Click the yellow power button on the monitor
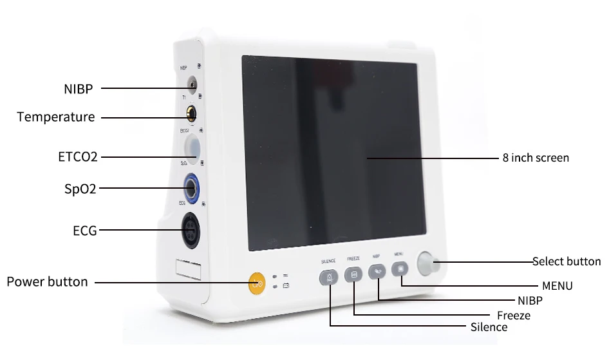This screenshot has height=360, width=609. (x=257, y=283)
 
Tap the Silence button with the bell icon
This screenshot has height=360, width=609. (x=329, y=278)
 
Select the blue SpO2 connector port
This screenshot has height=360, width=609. (x=191, y=187)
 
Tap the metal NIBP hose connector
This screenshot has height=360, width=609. (x=191, y=83)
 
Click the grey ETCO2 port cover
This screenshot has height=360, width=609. (x=191, y=144)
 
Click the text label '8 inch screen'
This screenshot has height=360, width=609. (x=536, y=158)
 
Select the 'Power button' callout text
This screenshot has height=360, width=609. (x=47, y=282)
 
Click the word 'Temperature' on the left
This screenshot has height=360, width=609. (x=56, y=117)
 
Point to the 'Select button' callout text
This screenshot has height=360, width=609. (x=567, y=261)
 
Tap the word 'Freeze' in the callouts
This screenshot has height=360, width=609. (x=514, y=316)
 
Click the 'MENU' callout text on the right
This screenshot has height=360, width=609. (x=557, y=286)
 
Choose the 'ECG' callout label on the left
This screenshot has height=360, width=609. (x=85, y=230)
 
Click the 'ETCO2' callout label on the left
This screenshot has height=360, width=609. (x=77, y=156)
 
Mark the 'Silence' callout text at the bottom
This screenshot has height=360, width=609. (x=489, y=327)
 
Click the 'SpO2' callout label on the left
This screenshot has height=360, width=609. (x=80, y=189)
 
